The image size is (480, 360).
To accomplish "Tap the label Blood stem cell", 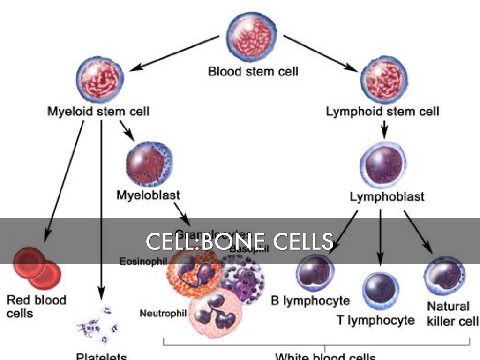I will point(253,72).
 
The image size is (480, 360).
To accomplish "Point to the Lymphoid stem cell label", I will point(382,112).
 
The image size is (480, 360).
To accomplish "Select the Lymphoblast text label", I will point(387,196).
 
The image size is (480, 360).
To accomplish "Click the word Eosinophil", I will point(142,261).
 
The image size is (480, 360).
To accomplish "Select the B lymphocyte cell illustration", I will point(315,273).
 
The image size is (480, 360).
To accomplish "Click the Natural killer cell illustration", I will point(444,275).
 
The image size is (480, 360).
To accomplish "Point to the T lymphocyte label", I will point(375,321).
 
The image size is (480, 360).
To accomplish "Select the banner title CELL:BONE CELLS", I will point(240,241).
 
